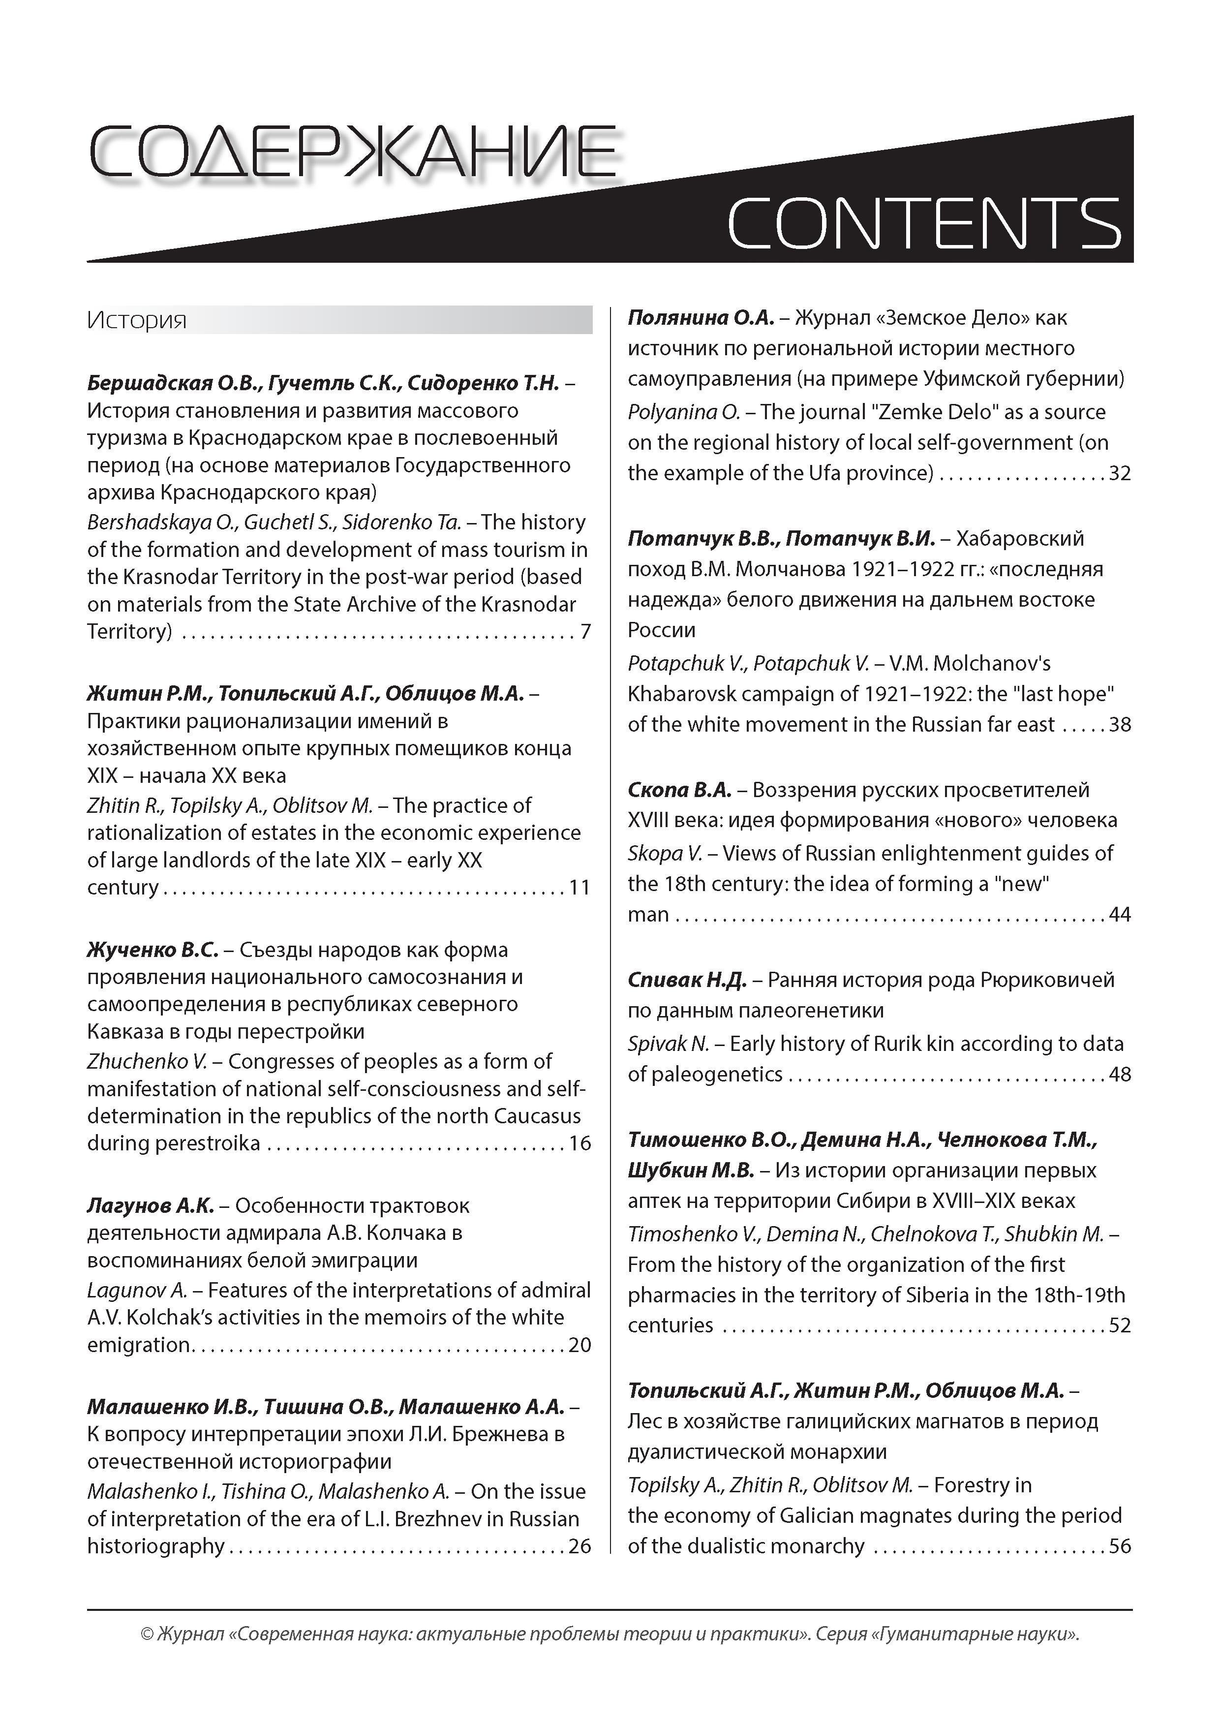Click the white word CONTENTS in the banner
pyautogui.click(x=924, y=223)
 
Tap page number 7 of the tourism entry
pyautogui.click(x=585, y=631)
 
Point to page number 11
pyautogui.click(x=579, y=888)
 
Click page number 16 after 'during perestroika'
pyautogui.click(x=579, y=1143)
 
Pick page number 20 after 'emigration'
pyautogui.click(x=579, y=1345)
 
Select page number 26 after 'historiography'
pyautogui.click(x=579, y=1546)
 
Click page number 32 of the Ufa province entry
pyautogui.click(x=1120, y=473)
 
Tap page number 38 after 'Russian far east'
pyautogui.click(x=1120, y=725)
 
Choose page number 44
pyautogui.click(x=1120, y=915)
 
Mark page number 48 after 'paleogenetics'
pyautogui.click(x=1120, y=1074)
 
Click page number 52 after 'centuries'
pyautogui.click(x=1120, y=1325)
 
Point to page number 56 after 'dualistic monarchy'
pyautogui.click(x=1120, y=1546)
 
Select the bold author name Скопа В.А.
pyautogui.click(x=679, y=790)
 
